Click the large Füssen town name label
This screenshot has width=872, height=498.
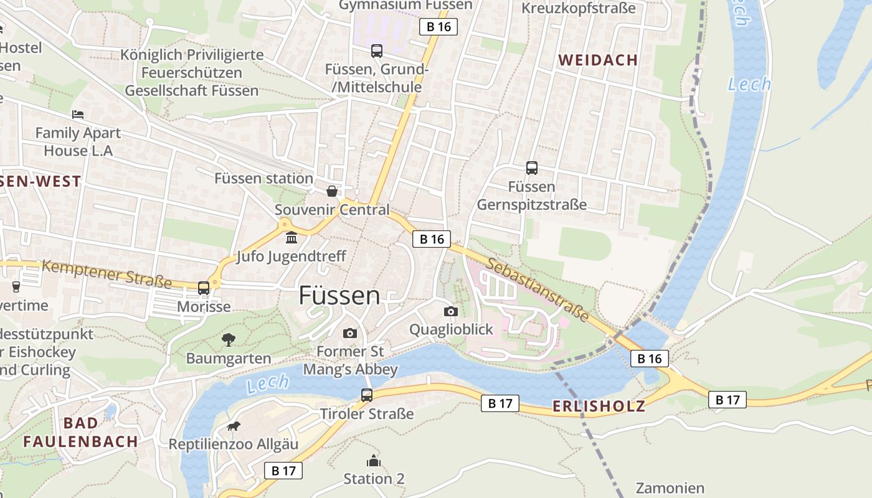pos(339,295)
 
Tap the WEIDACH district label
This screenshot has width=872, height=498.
pos(598,60)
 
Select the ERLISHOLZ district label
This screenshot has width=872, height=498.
pos(599,406)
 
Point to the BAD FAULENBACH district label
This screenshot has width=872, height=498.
pos(80,432)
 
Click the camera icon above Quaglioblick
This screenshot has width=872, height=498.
pos(451,311)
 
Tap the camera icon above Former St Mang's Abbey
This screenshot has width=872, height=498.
pos(350,333)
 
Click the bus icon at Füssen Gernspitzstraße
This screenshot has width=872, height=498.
pos(532,168)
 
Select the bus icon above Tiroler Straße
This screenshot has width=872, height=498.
pos(367,395)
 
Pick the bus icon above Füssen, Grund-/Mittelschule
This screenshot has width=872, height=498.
pos(377,51)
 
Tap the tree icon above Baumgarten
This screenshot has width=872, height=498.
pos(229,340)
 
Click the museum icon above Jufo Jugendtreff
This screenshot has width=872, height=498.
pos(291,238)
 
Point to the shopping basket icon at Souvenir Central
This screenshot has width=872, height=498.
pos(332,191)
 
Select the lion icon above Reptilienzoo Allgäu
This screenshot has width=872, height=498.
pos(234,426)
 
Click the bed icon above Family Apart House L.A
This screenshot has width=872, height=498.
pos(78,115)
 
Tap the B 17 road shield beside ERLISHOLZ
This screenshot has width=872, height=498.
pos(500,403)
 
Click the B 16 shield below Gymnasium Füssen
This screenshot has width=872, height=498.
pos(438,27)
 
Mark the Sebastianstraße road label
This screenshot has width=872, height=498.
pos(537,289)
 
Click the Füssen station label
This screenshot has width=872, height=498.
pos(263,179)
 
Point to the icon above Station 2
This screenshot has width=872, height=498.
pos(374,461)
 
